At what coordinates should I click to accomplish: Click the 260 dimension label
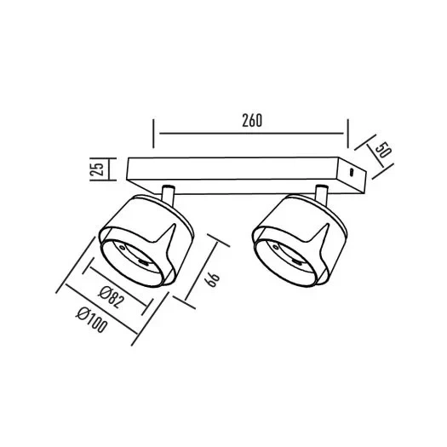coord(252,121)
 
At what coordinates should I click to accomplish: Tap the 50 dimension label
coord(383,150)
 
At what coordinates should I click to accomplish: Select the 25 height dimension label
coord(98,169)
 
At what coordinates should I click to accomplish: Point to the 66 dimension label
coord(213,279)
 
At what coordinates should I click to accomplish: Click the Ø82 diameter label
coord(112,297)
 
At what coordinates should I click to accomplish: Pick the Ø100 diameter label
coord(92,321)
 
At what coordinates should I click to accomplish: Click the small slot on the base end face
coord(352,172)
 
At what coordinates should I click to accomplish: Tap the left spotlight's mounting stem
coord(168,195)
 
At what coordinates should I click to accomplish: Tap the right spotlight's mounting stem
coord(321,195)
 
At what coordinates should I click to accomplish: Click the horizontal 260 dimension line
coord(251,133)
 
